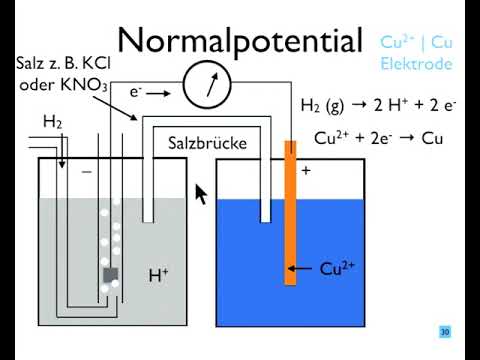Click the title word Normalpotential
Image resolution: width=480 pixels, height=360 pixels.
coord(239,41)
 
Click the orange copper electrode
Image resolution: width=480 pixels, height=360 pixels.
coord(290,210)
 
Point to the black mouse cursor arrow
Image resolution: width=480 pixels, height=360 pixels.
coord(201,193)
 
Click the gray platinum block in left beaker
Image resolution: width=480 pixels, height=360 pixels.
coord(109,274)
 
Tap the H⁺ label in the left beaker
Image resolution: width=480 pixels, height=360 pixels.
coord(158,273)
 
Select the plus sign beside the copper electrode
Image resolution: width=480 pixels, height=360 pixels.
coord(306,171)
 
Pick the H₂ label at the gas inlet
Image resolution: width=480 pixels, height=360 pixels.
coord(52,122)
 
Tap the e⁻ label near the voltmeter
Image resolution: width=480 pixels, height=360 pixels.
coord(136,91)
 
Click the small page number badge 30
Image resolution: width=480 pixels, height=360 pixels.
coord(444,332)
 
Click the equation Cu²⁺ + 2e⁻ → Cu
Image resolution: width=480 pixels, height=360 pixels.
coord(378,138)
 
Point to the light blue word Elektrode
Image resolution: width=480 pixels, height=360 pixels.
coord(416,63)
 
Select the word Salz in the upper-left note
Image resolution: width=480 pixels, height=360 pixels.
coord(30,63)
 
